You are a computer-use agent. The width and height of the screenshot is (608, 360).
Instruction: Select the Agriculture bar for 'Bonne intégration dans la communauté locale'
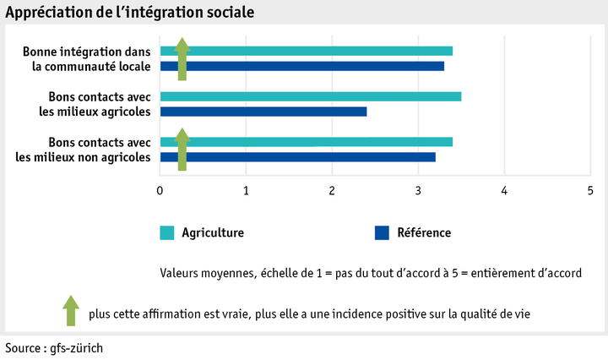(321, 51)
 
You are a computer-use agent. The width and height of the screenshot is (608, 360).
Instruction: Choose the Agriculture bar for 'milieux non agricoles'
(321, 141)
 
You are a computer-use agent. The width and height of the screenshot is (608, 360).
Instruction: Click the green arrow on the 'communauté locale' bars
(182, 58)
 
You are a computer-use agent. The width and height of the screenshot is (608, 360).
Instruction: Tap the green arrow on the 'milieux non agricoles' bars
(182, 149)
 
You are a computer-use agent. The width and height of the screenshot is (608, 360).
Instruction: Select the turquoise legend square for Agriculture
(166, 232)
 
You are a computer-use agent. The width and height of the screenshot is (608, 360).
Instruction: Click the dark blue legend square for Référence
(381, 232)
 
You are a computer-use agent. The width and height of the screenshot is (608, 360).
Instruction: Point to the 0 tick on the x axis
(160, 191)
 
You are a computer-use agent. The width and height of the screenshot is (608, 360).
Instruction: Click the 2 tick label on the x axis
(332, 191)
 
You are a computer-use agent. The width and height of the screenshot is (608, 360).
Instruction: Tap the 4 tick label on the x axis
(504, 191)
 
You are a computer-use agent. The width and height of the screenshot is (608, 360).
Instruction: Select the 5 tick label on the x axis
(590, 191)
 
